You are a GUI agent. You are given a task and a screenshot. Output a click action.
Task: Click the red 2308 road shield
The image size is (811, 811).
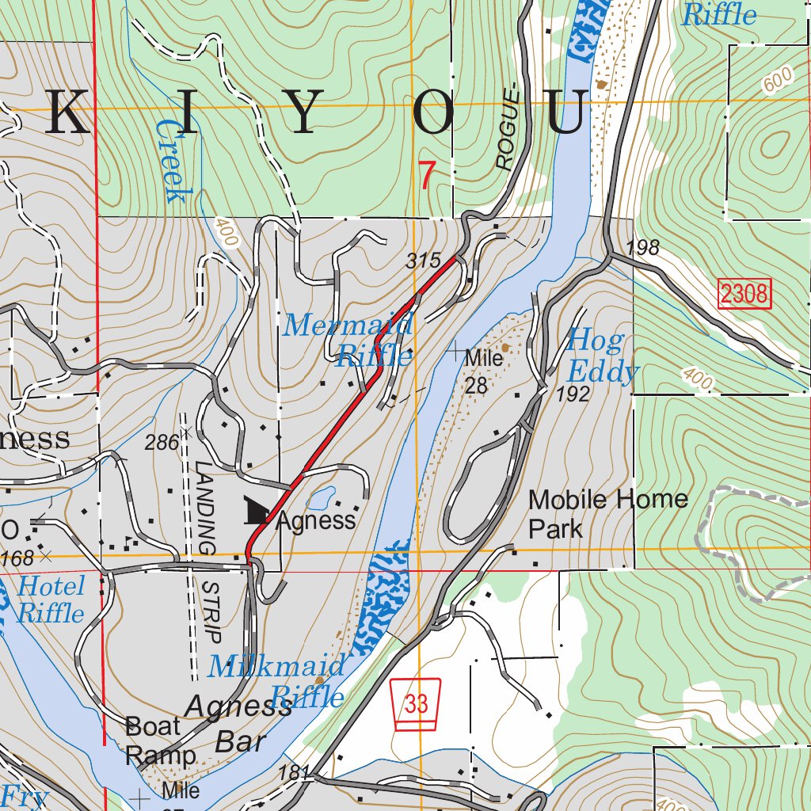point(744,295)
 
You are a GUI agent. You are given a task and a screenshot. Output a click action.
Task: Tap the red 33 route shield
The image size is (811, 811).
point(417,704)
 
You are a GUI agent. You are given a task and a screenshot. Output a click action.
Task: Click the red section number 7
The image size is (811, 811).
point(427,176)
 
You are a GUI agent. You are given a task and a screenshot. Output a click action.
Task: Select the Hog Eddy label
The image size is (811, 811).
point(602,356)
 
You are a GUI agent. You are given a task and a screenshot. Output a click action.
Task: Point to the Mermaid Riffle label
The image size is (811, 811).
point(350,339)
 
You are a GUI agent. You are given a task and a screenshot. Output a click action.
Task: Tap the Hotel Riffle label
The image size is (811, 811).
point(51,600)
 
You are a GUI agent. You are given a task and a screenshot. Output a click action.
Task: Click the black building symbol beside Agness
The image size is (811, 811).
point(257,511)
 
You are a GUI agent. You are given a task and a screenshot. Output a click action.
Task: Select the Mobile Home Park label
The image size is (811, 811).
point(607,513)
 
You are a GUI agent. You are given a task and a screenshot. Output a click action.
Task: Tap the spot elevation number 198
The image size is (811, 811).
point(642,248)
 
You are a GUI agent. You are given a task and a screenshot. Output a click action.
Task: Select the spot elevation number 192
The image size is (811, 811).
point(573,394)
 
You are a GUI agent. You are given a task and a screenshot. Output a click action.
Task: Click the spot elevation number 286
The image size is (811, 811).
point(162,443)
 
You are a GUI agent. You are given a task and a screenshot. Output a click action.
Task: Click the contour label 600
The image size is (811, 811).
point(779,79)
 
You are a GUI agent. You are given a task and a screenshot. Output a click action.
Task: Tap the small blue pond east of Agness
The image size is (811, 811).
point(320,499)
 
